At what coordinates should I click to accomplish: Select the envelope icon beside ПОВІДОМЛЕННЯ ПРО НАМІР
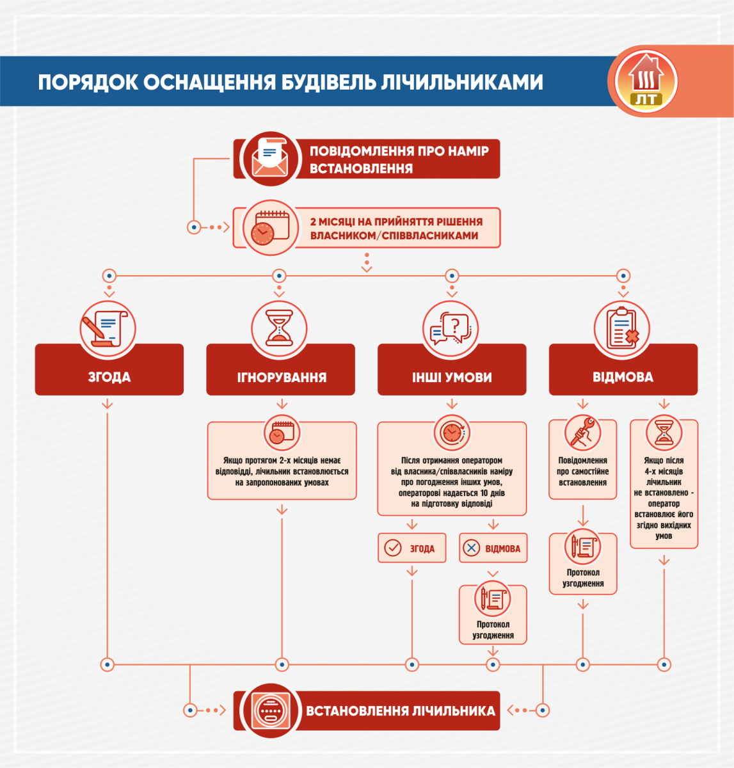pyautogui.click(x=269, y=159)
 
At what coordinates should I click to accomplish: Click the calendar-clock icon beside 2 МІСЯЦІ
pyautogui.click(x=269, y=228)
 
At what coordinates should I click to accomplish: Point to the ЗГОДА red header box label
pyautogui.click(x=109, y=377)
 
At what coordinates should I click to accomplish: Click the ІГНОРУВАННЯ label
pyautogui.click(x=282, y=378)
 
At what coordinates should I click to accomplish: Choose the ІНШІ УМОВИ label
pyautogui.click(x=452, y=378)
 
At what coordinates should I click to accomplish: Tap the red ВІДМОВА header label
pyautogui.click(x=623, y=377)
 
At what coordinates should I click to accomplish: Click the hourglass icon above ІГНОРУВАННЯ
pyautogui.click(x=279, y=328)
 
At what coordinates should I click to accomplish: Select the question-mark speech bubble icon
pyautogui.click(x=451, y=328)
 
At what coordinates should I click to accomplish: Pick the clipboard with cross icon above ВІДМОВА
pyautogui.click(x=622, y=328)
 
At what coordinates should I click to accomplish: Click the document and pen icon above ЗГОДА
pyautogui.click(x=108, y=328)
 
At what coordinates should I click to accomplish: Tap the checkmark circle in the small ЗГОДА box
pyautogui.click(x=392, y=548)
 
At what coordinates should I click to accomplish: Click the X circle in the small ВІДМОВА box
pyautogui.click(x=472, y=548)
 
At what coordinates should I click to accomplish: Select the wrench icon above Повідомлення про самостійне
pyautogui.click(x=583, y=433)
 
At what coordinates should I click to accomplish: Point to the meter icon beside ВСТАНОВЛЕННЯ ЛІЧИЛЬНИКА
pyautogui.click(x=269, y=710)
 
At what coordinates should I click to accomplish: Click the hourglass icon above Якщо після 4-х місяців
pyautogui.click(x=664, y=433)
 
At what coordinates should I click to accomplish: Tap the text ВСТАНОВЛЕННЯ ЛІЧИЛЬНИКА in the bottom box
pyautogui.click(x=401, y=711)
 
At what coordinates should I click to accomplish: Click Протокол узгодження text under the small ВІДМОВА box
pyautogui.click(x=493, y=630)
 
